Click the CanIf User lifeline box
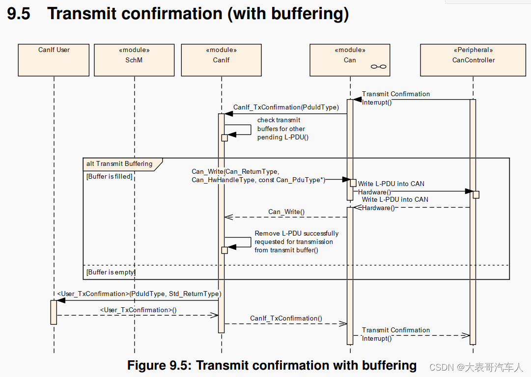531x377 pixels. [x=54, y=60]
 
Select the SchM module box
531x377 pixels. [x=134, y=60]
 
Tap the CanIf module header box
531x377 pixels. [x=221, y=60]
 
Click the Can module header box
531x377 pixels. [x=349, y=60]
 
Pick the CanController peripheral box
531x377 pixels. [x=473, y=60]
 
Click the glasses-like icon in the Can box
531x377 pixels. [x=378, y=67]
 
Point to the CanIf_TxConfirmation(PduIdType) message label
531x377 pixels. [x=286, y=107]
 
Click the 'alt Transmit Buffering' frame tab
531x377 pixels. [x=120, y=164]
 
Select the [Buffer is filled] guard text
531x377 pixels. [x=110, y=176]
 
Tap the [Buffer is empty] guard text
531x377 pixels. [x=111, y=272]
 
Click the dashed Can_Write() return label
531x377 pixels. [x=286, y=212]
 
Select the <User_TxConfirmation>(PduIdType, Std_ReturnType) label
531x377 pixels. [x=139, y=294]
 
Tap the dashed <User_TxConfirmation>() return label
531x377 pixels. [x=138, y=310]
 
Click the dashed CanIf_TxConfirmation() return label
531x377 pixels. [x=286, y=318]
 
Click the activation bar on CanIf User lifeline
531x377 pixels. [x=54, y=312]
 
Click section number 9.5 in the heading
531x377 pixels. [x=19, y=14]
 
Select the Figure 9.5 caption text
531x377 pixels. [x=272, y=365]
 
